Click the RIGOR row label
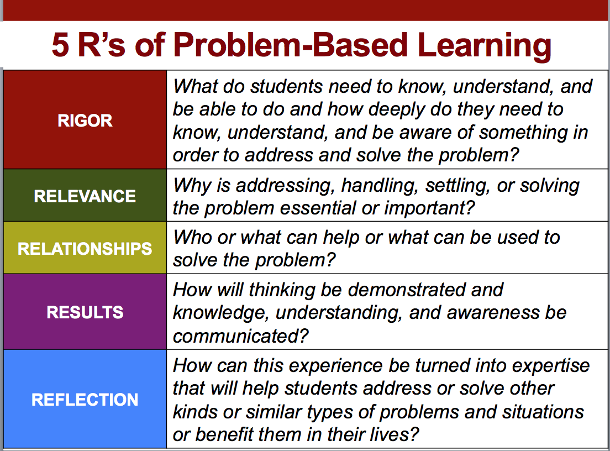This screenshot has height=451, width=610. [85, 120]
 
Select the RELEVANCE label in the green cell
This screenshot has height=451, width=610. [85, 196]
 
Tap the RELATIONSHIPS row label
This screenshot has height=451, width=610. [85, 249]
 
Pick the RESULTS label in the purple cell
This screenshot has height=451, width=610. [85, 312]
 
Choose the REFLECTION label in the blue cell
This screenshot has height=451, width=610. [85, 400]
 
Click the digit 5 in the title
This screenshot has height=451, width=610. [60, 45]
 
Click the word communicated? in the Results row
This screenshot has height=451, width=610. [240, 336]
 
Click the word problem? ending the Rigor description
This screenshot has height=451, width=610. [479, 156]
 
